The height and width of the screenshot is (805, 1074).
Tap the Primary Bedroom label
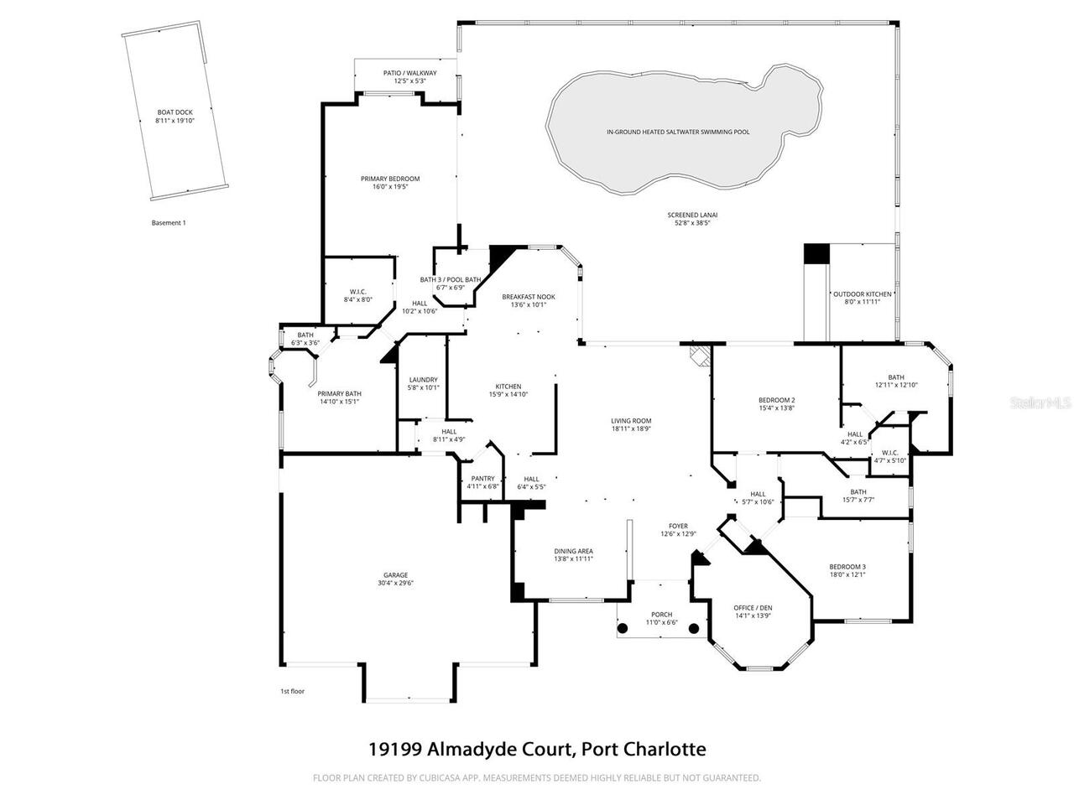(390, 179)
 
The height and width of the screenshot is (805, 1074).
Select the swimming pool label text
(678, 132)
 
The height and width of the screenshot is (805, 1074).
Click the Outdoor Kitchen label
(862, 294)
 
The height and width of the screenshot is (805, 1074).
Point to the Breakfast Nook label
(529, 297)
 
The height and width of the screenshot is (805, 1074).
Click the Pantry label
(482, 479)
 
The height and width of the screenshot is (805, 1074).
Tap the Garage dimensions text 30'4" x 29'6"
(396, 583)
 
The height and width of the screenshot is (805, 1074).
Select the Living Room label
(631, 421)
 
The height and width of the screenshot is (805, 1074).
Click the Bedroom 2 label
(776, 400)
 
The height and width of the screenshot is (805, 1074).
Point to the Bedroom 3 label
(847, 566)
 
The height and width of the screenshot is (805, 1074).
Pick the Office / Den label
(753, 607)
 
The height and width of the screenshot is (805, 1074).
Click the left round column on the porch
(623, 628)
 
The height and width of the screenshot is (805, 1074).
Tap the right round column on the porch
(694, 628)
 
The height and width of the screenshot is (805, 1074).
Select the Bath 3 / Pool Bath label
(451, 279)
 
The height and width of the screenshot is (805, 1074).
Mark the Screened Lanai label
(692, 215)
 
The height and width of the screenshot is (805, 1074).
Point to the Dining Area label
(573, 551)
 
